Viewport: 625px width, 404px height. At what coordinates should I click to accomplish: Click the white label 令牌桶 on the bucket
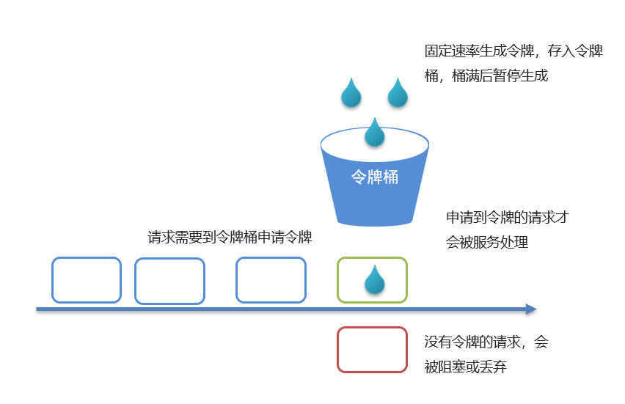375,177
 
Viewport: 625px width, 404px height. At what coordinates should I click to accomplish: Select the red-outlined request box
372,350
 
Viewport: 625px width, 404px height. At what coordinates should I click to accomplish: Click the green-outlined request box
372,280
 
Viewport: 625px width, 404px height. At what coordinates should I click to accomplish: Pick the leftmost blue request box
87,280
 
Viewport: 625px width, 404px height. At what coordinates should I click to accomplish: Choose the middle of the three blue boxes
169,281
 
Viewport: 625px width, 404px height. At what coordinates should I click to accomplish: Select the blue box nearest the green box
271,280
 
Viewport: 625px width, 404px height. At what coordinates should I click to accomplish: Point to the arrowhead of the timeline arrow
531,309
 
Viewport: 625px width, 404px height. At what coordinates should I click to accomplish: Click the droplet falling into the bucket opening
375,133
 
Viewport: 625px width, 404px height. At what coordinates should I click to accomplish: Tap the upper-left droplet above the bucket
351,93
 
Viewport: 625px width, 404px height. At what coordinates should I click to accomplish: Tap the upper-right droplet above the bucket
398,93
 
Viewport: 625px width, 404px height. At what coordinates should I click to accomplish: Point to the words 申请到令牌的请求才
508,218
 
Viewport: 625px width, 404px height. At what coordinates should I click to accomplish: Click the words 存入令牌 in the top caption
572,51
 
